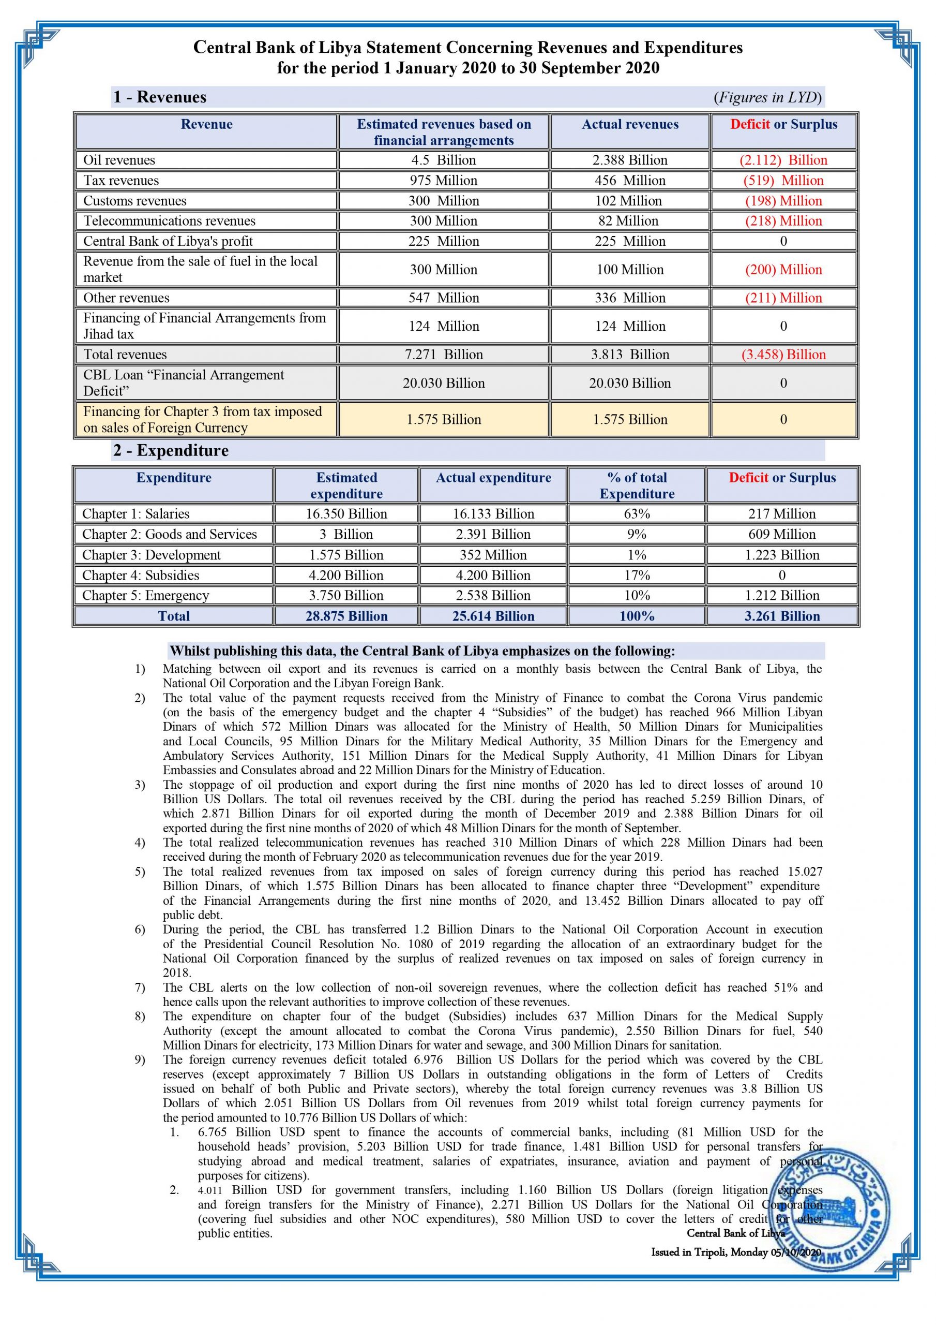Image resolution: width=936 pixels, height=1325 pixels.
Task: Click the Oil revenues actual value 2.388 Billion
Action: [x=629, y=160]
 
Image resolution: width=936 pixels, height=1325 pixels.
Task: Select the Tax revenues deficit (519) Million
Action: [x=783, y=180]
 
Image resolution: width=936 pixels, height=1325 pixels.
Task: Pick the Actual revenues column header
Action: [x=630, y=124]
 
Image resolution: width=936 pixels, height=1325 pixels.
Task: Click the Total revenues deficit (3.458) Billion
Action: [x=783, y=355]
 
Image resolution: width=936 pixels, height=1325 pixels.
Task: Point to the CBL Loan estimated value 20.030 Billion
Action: [x=444, y=382]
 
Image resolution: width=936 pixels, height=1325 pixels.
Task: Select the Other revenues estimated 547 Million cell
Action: [x=444, y=298]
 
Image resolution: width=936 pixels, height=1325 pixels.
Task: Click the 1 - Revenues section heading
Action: [x=160, y=97]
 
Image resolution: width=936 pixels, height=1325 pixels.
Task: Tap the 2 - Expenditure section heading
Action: [x=171, y=450]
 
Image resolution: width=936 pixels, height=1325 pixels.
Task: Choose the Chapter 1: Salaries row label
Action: [x=135, y=513]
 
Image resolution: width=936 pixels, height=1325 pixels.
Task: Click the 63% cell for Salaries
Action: [x=637, y=513]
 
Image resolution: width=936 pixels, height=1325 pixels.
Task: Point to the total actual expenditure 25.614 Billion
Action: [x=493, y=616]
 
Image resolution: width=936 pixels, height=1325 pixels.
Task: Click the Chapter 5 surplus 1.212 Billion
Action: [x=782, y=595]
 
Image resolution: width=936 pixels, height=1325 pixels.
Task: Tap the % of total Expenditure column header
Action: [x=637, y=485]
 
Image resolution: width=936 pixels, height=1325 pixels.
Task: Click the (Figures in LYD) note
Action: [x=767, y=97]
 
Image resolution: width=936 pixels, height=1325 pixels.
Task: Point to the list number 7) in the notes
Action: [x=140, y=988]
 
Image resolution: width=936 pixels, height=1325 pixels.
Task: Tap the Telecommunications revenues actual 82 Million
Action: [x=629, y=220]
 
